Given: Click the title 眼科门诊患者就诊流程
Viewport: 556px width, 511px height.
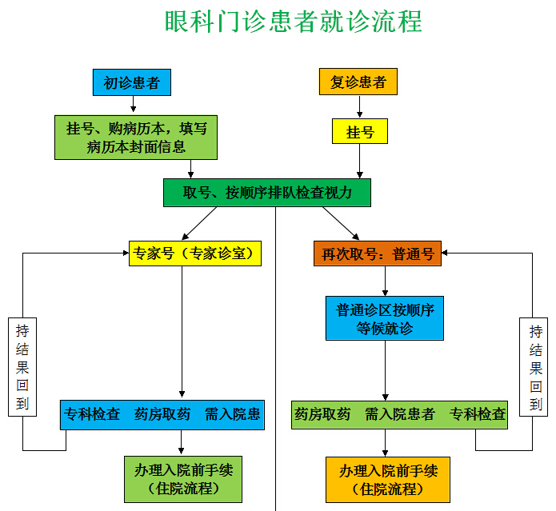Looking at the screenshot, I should tap(293, 21).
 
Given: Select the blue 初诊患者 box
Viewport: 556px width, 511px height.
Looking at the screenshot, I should tap(132, 82).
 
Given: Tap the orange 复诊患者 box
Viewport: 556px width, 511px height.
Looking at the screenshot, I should tap(358, 82).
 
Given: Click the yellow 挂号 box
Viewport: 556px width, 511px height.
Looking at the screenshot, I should tap(360, 132).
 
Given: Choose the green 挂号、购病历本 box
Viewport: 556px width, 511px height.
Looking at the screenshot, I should tap(136, 138).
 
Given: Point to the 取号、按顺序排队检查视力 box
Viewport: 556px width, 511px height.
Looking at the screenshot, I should tap(268, 192).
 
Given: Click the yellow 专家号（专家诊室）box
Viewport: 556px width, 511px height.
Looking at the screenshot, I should tap(196, 254).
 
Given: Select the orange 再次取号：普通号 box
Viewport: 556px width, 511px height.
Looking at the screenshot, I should tap(377, 254).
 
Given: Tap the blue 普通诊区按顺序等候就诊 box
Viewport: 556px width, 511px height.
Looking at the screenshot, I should tap(385, 317).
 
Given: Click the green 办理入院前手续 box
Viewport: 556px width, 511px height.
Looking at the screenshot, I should tap(183, 478).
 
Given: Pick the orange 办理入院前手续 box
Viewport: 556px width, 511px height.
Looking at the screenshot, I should tap(388, 478).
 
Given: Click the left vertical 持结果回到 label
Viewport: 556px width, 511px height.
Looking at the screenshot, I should tap(23, 367).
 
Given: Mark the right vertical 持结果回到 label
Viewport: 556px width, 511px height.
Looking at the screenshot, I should tap(535, 367).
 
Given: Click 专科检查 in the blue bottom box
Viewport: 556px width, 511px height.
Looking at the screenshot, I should tap(93, 414).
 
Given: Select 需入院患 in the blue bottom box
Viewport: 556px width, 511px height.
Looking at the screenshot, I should tap(232, 414).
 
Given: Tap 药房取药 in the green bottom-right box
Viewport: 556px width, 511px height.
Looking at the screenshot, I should tap(323, 414).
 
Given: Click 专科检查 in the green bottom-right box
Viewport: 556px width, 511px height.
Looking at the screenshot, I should tap(478, 414).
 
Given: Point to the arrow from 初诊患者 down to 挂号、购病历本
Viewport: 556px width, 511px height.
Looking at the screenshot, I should tap(133, 104).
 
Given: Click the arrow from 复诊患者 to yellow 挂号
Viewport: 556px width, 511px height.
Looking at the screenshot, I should tap(360, 106).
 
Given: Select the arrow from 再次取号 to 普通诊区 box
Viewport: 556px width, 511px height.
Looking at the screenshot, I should tap(386, 281).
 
